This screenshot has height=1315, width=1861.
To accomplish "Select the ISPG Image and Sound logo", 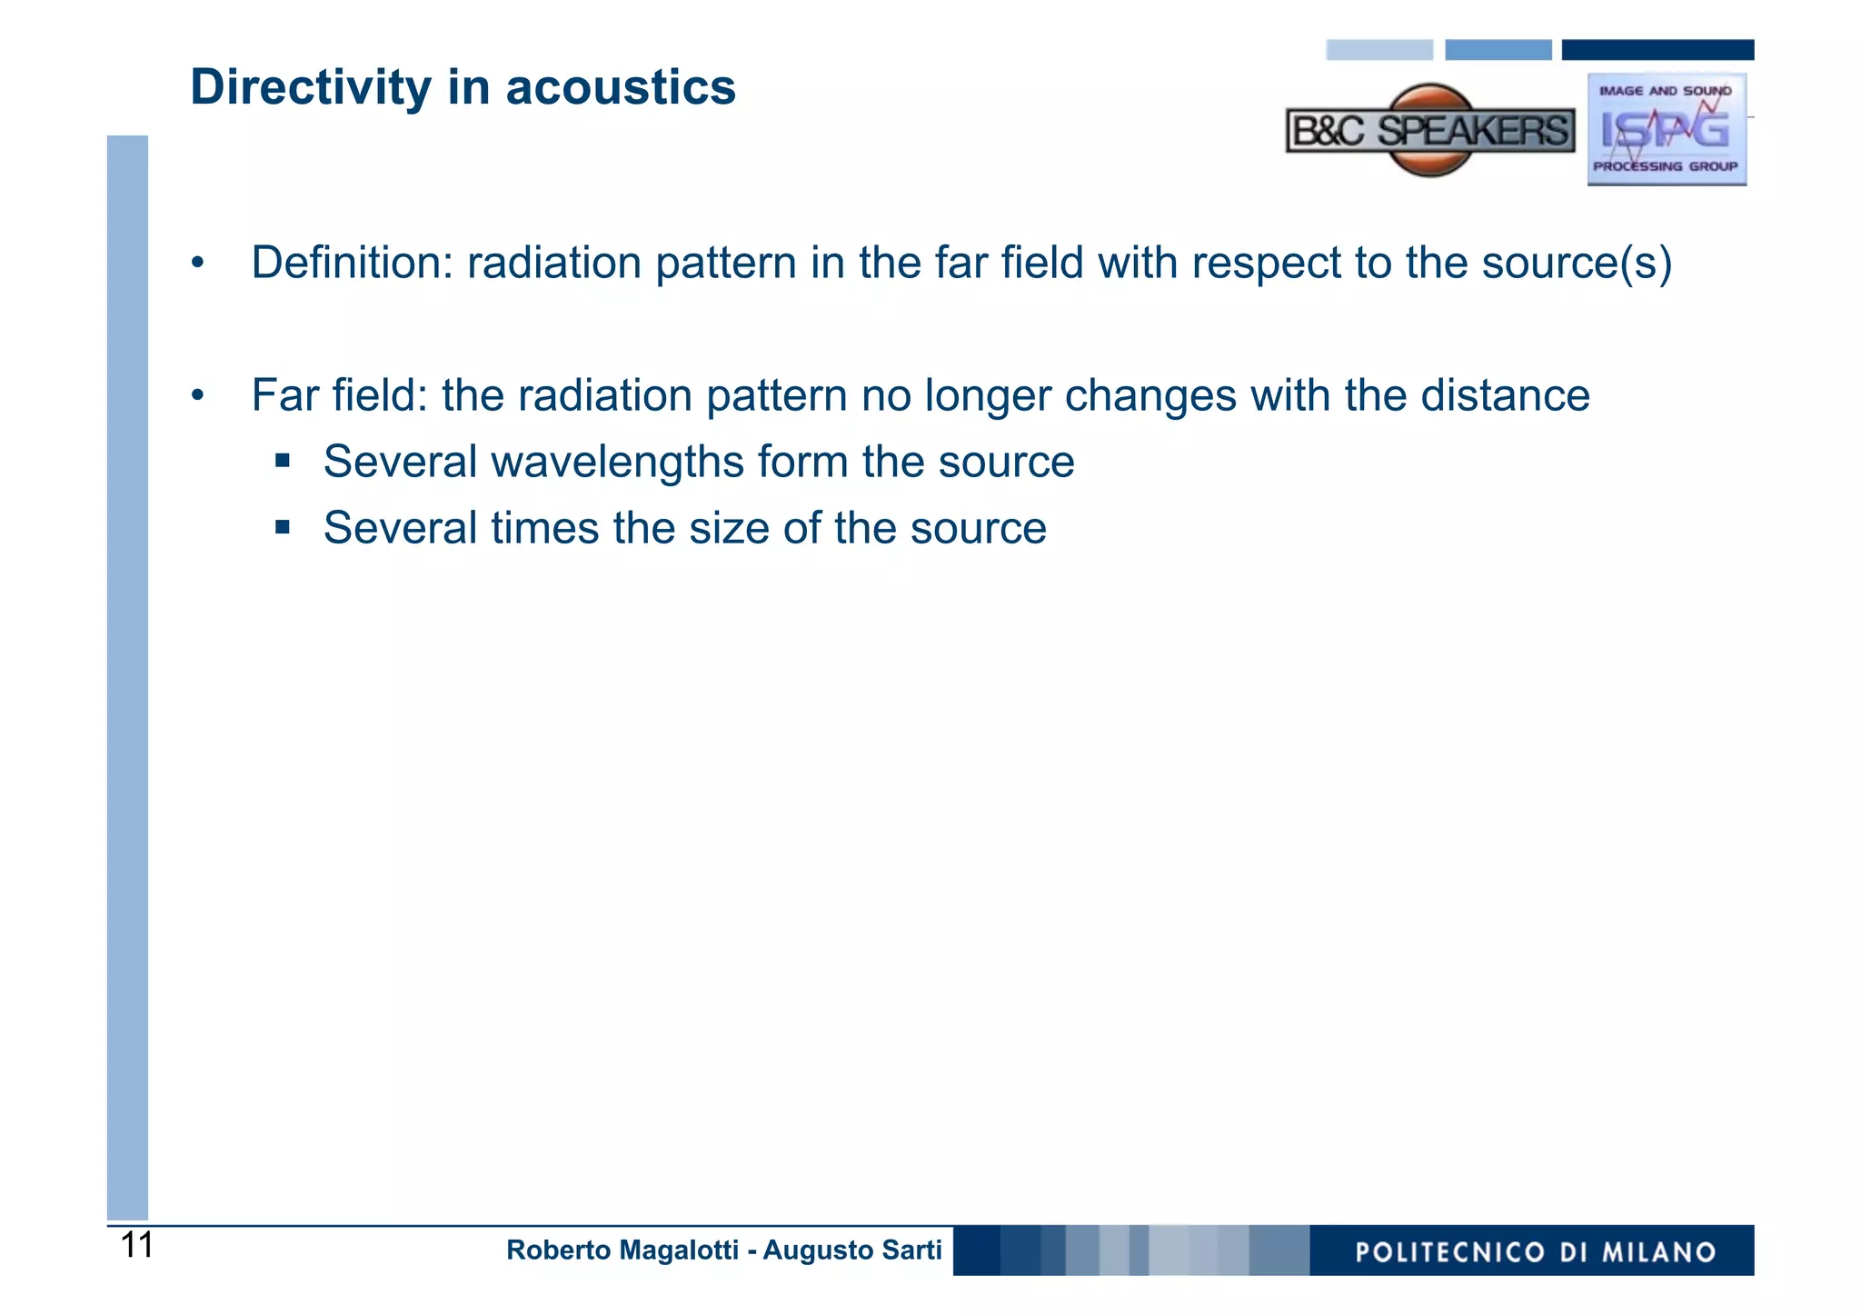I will [x=1667, y=130].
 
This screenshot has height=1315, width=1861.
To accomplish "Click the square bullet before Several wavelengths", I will [x=283, y=461].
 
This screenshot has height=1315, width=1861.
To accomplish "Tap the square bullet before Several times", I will [x=283, y=527].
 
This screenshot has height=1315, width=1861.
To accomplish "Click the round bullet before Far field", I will [x=197, y=396].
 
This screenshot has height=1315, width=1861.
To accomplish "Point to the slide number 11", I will [x=137, y=1246].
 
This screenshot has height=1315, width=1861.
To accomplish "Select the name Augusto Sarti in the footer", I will [x=852, y=1250].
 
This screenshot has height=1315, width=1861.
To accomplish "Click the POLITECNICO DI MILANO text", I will [x=1535, y=1252].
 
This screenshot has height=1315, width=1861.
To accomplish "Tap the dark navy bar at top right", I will [x=1657, y=50].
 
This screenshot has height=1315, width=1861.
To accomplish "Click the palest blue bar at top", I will [x=1378, y=50].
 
